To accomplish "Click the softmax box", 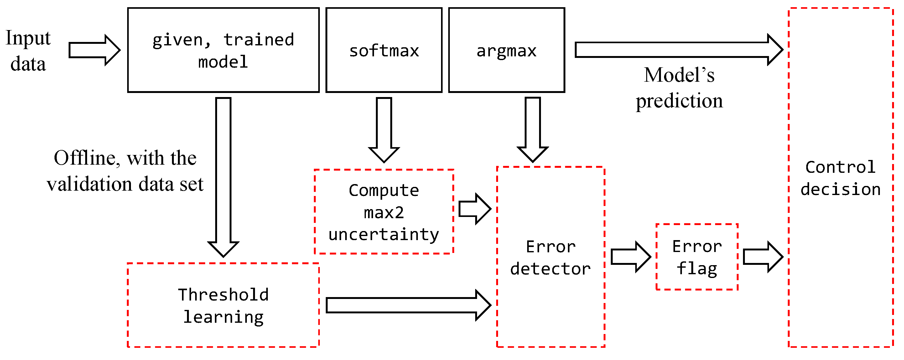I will click(384, 50).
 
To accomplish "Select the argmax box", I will click(506, 50).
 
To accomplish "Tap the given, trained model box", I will click(223, 50).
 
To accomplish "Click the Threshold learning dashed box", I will click(223, 305).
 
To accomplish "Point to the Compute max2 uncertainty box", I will click(384, 212).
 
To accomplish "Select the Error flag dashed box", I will click(697, 257).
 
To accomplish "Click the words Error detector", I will click(550, 258).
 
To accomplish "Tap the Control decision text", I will click(840, 178).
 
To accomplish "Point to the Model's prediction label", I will click(679, 88).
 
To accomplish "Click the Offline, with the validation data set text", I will click(125, 171).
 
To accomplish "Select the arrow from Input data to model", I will click(94, 50).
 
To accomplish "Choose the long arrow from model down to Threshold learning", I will click(223, 175).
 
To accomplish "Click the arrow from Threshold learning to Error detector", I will click(407, 305).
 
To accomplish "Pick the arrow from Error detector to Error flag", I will click(630, 257).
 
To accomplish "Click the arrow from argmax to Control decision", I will click(677, 50).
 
